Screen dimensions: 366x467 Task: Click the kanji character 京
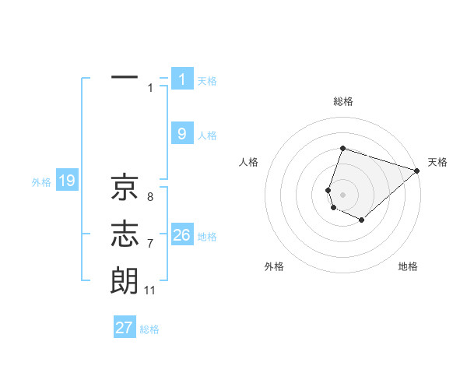[125, 187]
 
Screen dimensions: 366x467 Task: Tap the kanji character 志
[125, 234]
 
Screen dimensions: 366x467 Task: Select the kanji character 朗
[125, 280]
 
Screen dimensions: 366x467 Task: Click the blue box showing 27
[125, 328]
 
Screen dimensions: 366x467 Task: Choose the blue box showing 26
[182, 234]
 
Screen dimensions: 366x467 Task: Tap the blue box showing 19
[66, 181]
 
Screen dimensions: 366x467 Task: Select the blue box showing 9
[182, 133]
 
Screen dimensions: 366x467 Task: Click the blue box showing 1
[182, 79]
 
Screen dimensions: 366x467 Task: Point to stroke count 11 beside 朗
[150, 290]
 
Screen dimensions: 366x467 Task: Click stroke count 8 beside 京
[150, 197]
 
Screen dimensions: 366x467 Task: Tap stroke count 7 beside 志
[150, 244]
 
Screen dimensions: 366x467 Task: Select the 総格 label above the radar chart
[343, 101]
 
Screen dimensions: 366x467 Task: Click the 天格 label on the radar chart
[437, 162]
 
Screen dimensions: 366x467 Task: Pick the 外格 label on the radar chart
[274, 266]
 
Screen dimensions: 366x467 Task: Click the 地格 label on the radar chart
[408, 266]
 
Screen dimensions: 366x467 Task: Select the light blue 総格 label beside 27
[149, 329]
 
